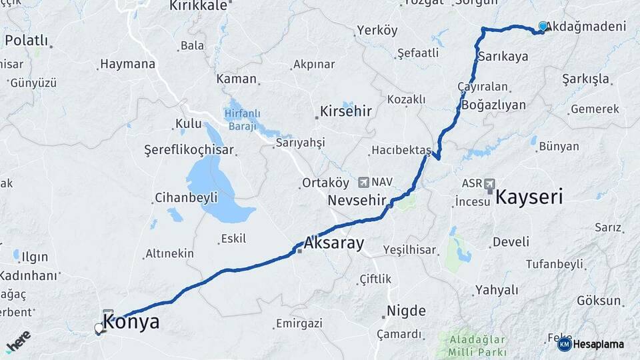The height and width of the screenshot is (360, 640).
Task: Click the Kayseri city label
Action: (x=529, y=197)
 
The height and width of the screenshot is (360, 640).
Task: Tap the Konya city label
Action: (x=131, y=323)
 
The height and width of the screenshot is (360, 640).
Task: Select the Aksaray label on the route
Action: (x=334, y=243)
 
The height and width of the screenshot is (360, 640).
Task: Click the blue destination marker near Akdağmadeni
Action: (x=543, y=27)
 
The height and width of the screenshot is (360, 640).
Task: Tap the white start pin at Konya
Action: (x=99, y=328)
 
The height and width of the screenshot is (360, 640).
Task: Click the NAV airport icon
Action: (x=363, y=181)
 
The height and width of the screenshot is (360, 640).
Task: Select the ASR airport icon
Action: (x=490, y=183)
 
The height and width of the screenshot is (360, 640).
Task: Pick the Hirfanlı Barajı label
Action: (x=247, y=121)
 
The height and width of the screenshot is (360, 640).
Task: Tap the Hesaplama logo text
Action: (x=599, y=344)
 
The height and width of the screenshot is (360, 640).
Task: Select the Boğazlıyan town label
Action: (x=493, y=105)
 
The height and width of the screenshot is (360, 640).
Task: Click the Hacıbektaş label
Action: (x=399, y=151)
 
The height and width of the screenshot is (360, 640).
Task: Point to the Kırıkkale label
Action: (x=198, y=5)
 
